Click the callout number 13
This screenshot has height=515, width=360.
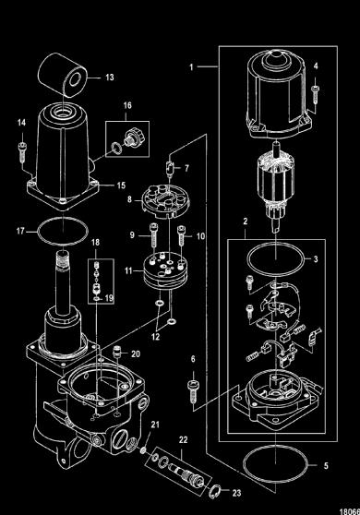110,78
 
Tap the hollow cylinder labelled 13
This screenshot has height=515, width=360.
63,75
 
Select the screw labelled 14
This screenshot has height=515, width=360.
22,151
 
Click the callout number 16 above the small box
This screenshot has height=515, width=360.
127,105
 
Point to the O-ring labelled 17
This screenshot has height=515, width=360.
63,232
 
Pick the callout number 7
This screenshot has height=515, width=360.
186,168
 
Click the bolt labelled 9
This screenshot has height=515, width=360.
153,235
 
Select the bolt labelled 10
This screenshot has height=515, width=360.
181,236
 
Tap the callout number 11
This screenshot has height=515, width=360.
128,271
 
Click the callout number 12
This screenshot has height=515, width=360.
155,337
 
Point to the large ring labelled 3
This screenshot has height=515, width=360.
276,259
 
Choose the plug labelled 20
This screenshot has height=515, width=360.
116,352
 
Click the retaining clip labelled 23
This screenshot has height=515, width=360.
213,491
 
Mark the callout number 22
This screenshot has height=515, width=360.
184,439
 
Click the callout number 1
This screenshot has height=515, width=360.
191,67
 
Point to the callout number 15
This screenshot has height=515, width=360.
121,186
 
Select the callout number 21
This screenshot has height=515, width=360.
155,425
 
